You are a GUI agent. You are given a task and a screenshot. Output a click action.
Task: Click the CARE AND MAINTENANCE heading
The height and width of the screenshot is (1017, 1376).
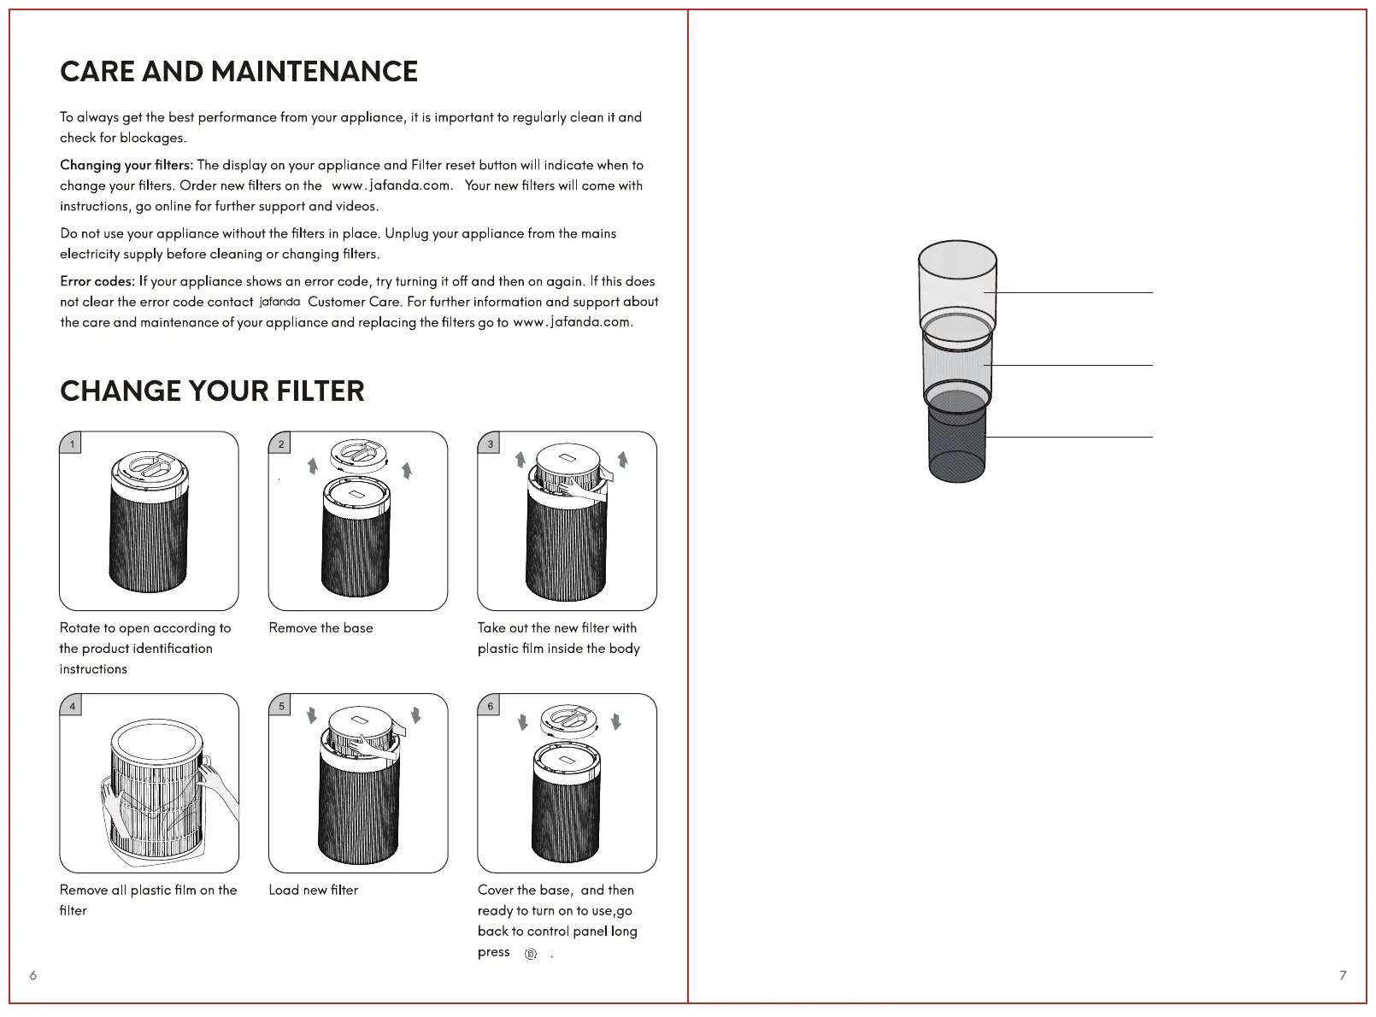pos(238,72)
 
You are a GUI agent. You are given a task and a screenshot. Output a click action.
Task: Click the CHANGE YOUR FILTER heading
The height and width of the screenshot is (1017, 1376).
pos(212,391)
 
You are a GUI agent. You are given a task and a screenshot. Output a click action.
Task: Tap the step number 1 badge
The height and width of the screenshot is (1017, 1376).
pos(72,444)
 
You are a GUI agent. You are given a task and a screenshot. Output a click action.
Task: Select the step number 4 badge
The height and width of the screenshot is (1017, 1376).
pos(72,706)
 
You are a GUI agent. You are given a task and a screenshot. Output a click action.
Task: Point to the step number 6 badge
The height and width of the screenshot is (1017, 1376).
pos(490,706)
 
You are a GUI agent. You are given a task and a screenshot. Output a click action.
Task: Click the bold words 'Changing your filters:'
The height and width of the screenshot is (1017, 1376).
pos(126,165)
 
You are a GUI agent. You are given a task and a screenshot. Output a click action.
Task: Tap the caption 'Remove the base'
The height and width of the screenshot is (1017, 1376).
pos(320,628)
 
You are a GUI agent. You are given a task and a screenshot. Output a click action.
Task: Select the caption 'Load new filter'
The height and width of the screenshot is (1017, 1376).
pos(313,891)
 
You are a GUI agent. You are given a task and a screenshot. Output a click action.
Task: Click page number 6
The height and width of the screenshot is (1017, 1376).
pos(33,975)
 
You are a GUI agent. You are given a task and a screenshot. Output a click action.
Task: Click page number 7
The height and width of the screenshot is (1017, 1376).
pos(1343,975)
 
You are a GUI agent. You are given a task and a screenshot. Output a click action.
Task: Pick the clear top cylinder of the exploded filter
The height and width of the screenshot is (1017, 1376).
pos(957,282)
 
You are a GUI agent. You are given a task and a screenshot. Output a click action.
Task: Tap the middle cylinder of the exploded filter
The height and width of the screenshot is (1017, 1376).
pos(957,363)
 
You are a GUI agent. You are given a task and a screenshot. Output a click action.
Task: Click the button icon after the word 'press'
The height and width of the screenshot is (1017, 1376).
pos(531,954)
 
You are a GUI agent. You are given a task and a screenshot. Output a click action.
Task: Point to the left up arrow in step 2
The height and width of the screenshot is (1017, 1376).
pos(313,465)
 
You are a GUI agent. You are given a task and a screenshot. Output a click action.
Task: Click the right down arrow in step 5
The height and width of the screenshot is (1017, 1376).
pos(415,714)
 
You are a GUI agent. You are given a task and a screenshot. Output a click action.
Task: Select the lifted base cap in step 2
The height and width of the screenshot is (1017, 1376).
pos(360,455)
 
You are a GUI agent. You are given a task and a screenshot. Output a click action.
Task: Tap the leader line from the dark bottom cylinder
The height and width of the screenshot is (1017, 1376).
pos(1068,438)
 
